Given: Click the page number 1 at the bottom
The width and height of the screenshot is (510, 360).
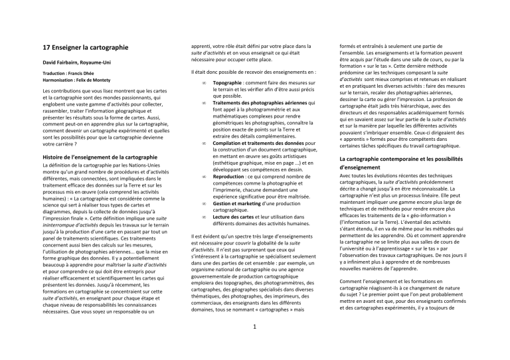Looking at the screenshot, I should click(255, 344).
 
